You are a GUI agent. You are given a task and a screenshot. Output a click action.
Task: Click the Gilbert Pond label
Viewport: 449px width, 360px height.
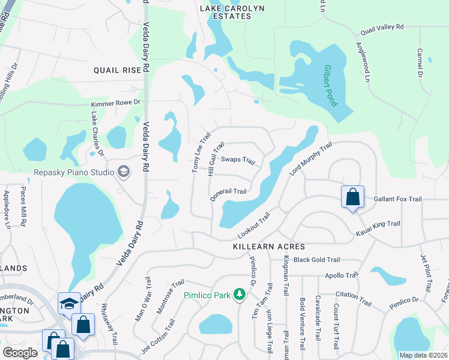pos(331,86)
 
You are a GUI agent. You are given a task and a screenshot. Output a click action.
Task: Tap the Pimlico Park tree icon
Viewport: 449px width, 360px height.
pos(240,293)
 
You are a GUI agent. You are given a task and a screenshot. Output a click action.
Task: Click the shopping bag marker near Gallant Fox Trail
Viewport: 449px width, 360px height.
pos(352,197)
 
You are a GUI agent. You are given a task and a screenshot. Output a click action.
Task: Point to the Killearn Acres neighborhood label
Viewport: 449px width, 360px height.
pos(269,247)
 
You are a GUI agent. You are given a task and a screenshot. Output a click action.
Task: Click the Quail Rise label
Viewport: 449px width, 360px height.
pos(117,70)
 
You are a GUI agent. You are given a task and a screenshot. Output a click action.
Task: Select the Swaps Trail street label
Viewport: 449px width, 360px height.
pos(238,161)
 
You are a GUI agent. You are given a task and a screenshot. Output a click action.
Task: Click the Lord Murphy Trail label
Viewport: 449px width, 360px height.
pos(310,159)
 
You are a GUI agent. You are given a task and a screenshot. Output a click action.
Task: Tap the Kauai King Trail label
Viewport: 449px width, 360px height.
pos(377,224)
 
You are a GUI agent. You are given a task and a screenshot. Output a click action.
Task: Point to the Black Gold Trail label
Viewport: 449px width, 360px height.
pos(317,260)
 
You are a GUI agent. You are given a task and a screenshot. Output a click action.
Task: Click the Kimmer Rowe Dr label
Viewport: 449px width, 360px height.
pos(115,103)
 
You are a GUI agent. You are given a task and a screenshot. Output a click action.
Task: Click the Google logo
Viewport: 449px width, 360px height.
pos(20,353)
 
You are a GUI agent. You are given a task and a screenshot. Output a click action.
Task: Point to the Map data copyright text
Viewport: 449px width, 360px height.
pos(423,355)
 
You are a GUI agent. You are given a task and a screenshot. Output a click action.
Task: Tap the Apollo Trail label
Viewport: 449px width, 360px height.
pos(341,275)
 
